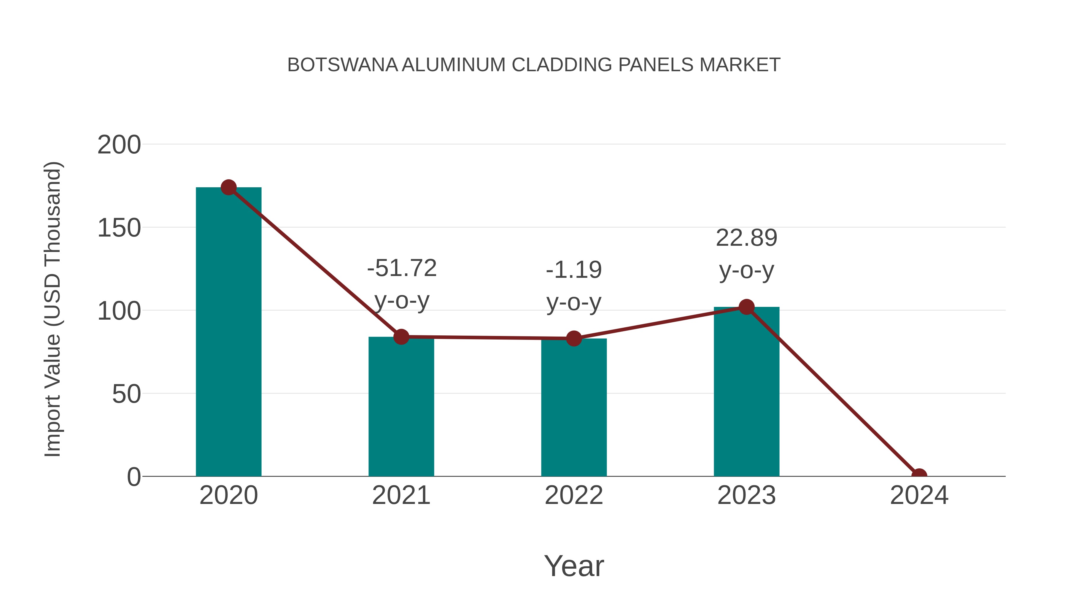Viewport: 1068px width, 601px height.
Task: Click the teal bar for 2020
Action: (x=228, y=332)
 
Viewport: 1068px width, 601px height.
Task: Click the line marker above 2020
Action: (x=228, y=188)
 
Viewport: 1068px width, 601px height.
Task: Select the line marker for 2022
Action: (x=574, y=338)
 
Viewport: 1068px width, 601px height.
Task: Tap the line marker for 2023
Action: (x=746, y=307)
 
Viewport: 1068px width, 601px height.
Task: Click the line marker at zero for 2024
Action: (x=919, y=475)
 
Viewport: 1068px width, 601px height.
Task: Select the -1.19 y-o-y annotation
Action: (x=574, y=286)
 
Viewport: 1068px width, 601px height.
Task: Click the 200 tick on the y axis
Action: (x=119, y=145)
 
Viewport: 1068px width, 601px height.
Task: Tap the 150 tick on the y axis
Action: (x=119, y=228)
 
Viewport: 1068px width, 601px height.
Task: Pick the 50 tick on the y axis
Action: (x=126, y=394)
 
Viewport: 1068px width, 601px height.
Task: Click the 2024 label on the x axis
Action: (x=919, y=495)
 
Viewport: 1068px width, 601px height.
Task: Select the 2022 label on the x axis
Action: (x=574, y=495)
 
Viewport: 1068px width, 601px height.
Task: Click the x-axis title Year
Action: (x=574, y=566)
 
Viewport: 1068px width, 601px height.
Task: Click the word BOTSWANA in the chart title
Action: (x=342, y=65)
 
